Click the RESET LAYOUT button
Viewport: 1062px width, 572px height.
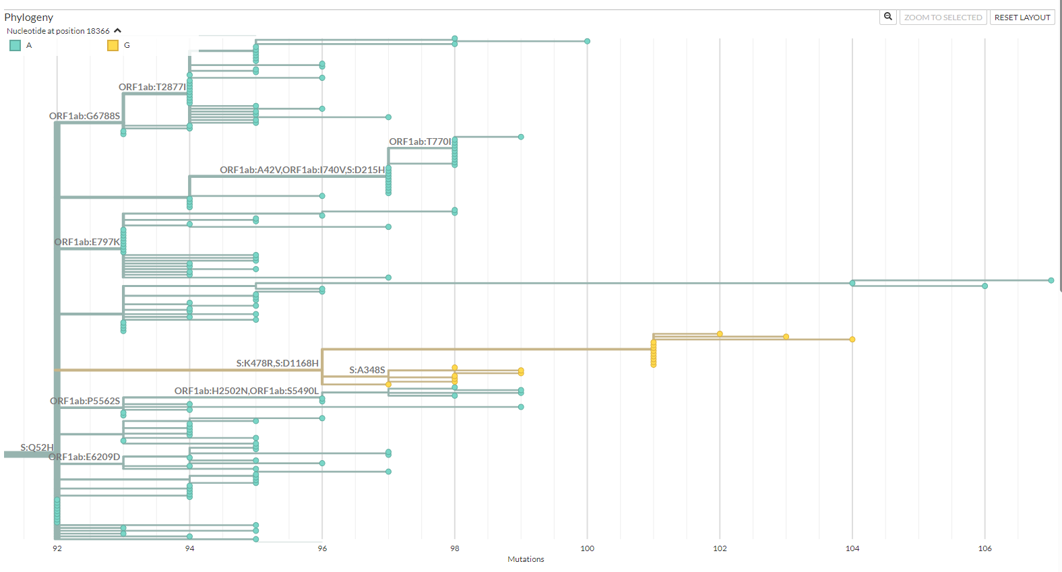click(x=1022, y=18)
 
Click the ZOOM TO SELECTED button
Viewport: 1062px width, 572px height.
click(x=943, y=18)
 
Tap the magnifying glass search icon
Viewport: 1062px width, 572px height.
click(x=888, y=17)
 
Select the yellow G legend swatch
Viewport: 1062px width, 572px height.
click(x=113, y=45)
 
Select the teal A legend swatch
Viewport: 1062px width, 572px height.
click(x=15, y=45)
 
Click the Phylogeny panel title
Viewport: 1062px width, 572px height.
click(x=29, y=18)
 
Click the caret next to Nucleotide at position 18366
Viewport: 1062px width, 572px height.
click(x=118, y=30)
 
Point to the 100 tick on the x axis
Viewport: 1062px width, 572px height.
click(x=587, y=548)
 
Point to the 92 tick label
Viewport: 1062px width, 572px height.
click(x=57, y=548)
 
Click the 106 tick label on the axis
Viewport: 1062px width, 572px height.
click(x=985, y=548)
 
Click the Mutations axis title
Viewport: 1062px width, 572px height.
click(x=526, y=559)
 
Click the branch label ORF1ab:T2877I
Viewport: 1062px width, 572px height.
click(x=152, y=87)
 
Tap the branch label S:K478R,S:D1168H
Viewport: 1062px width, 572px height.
click(x=277, y=363)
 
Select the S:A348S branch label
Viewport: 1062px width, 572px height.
click(x=367, y=370)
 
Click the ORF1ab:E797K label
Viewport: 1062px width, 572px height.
click(x=87, y=242)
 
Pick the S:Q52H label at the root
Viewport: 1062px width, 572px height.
click(x=36, y=447)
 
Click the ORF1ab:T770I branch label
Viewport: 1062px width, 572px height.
click(x=420, y=141)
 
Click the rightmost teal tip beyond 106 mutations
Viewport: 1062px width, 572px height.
click(x=1051, y=280)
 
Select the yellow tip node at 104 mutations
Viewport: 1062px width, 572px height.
click(x=852, y=340)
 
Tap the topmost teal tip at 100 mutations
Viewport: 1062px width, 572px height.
click(x=587, y=41)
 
